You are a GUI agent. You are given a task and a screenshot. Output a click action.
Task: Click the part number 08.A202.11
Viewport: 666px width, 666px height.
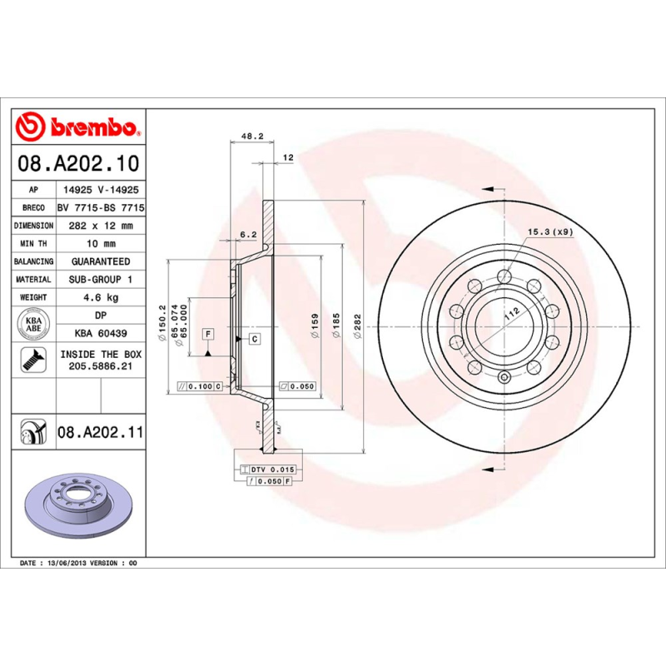101,432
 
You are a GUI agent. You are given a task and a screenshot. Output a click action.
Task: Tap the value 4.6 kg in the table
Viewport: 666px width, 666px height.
101,297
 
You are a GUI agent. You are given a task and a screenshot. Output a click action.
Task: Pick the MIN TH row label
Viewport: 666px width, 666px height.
34,244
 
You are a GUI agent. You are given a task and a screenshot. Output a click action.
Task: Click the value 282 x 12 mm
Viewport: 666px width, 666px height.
101,226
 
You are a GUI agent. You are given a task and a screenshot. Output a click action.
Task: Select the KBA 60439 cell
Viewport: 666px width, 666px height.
101,333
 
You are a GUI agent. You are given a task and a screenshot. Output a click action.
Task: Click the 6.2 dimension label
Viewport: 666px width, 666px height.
247,235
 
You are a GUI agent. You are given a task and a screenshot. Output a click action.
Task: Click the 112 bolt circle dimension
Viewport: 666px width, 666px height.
510,312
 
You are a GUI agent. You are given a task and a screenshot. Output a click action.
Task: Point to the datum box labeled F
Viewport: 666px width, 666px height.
207,334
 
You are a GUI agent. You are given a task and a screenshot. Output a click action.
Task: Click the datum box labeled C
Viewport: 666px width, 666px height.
254,338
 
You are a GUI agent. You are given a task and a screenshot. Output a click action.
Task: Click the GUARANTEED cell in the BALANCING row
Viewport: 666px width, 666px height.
101,261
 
